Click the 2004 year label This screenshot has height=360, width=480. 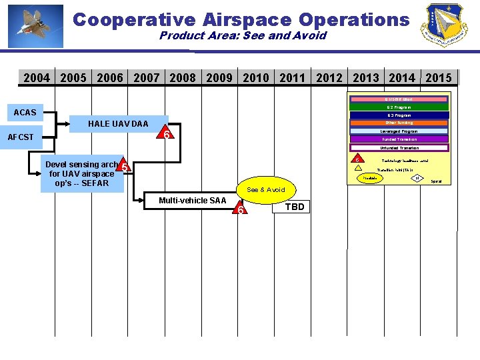coord(37,78)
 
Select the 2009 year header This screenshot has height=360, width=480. coord(219,78)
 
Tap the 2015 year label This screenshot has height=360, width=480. coord(438,78)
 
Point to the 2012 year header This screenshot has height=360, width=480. coord(329,78)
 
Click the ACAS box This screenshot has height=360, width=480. coord(25,111)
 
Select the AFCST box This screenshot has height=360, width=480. coord(21,137)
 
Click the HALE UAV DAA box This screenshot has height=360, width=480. coord(118,124)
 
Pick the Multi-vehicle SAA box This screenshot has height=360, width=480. coord(192,201)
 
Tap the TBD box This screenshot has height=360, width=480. coord(295,207)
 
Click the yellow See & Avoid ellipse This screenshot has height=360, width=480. coord(265,190)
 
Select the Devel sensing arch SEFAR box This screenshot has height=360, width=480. coord(81,174)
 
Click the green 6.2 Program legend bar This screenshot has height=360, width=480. coord(399,107)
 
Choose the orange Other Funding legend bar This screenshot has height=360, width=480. coord(399,123)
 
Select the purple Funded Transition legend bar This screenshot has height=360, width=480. coord(399,139)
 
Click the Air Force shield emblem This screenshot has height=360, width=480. coord(443,25)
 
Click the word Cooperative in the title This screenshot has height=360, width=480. coord(124,19)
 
